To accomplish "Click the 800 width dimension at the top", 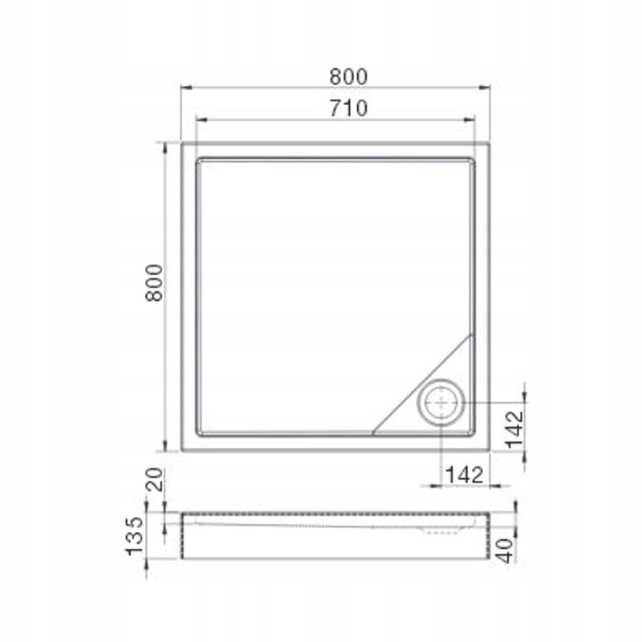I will [x=347, y=76].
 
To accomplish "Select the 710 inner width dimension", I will [x=347, y=108].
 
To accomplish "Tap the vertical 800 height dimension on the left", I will [x=155, y=282].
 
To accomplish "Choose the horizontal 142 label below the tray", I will [x=463, y=474].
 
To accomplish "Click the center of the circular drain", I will [x=441, y=401].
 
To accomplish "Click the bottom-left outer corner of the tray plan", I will [x=182, y=450].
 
